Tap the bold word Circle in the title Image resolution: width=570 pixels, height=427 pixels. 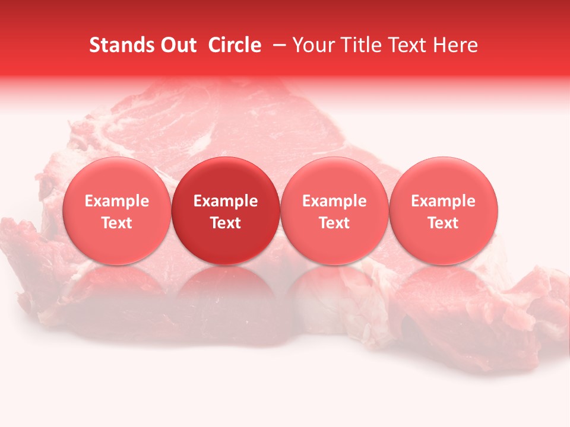[x=233, y=45]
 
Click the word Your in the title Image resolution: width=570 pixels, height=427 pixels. [x=313, y=45]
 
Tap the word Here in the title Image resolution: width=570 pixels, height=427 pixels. [x=455, y=45]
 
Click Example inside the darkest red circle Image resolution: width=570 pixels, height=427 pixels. [x=226, y=201]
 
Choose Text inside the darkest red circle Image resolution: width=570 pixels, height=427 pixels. [x=226, y=223]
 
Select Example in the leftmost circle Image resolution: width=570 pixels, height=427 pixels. [x=116, y=201]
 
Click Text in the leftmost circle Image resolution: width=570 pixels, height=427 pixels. [x=116, y=223]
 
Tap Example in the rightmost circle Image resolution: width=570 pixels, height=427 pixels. [x=444, y=201]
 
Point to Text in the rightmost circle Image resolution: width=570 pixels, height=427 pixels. [x=444, y=223]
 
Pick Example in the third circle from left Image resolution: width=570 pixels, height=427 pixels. [x=334, y=201]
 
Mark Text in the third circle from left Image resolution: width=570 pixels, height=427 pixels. [x=334, y=223]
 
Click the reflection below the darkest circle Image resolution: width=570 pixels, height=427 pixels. [x=226, y=291]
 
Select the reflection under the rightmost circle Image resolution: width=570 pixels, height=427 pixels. [x=444, y=291]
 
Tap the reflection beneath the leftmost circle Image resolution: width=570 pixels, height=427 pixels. [x=116, y=291]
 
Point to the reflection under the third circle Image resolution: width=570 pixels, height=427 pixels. [x=334, y=291]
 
